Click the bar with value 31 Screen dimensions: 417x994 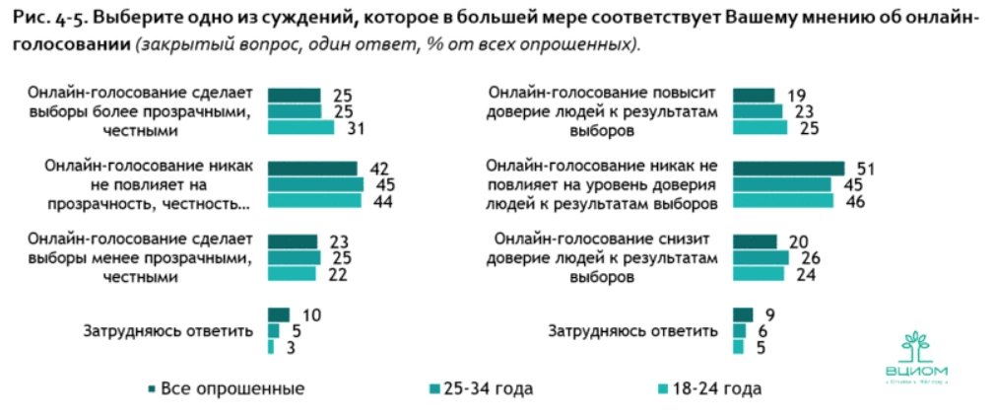tap(300, 127)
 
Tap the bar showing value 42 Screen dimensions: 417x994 tap(312, 168)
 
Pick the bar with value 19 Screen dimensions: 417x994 tap(755, 95)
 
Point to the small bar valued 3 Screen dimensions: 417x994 tap(271, 347)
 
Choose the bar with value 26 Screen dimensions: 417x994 tap(762, 257)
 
